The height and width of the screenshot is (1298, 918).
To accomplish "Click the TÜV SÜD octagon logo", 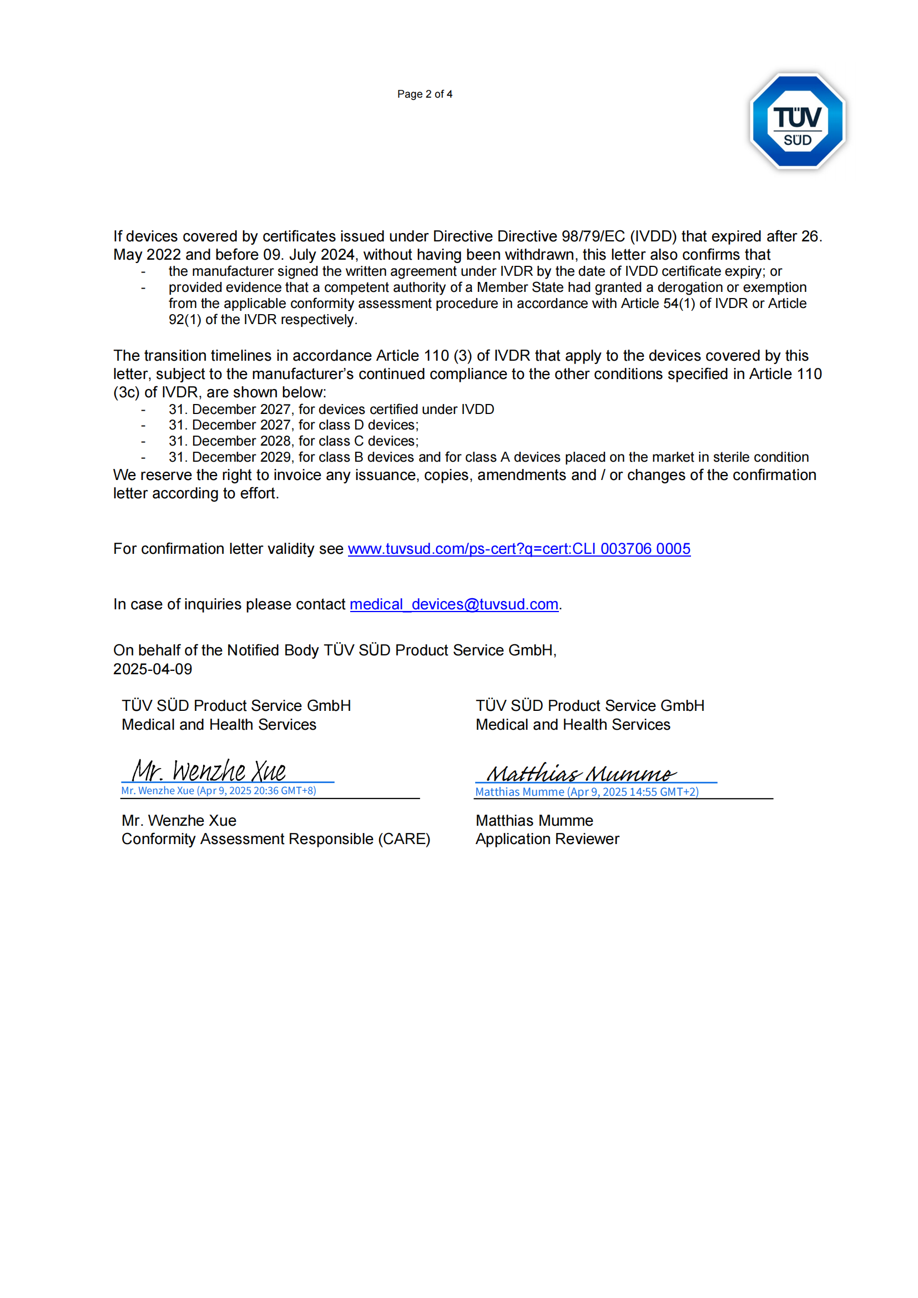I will click(x=797, y=121).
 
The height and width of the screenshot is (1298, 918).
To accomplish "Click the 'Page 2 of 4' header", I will click(x=425, y=94).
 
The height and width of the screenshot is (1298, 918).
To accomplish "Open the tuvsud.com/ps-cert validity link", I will click(x=519, y=549).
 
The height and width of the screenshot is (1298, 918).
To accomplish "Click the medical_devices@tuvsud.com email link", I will click(x=454, y=604).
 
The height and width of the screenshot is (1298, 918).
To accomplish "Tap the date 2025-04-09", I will click(x=153, y=669).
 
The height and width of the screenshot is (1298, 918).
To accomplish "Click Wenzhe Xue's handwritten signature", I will click(x=209, y=771).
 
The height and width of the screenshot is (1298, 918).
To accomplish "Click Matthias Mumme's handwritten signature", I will click(x=581, y=773).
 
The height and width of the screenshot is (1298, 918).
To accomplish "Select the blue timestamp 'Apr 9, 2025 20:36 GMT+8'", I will click(x=256, y=791).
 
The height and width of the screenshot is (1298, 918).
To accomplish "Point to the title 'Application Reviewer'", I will click(x=547, y=839).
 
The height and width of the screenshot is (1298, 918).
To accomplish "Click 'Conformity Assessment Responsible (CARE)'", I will click(x=276, y=839).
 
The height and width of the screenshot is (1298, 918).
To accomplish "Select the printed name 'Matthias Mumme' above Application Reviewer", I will click(x=534, y=820).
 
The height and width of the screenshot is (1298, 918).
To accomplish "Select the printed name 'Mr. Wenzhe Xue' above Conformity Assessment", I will click(x=179, y=820).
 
